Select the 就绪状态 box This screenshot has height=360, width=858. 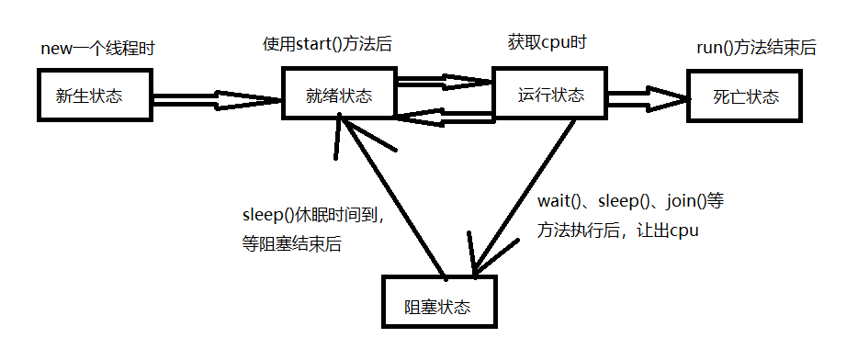[x=339, y=96]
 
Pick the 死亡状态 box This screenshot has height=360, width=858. [x=745, y=97]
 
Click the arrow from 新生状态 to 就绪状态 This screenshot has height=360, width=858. [x=216, y=96]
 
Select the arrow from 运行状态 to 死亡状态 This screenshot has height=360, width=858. [x=648, y=95]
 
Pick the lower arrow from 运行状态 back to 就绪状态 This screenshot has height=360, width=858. [x=446, y=114]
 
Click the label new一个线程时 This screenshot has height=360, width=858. [x=97, y=49]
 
